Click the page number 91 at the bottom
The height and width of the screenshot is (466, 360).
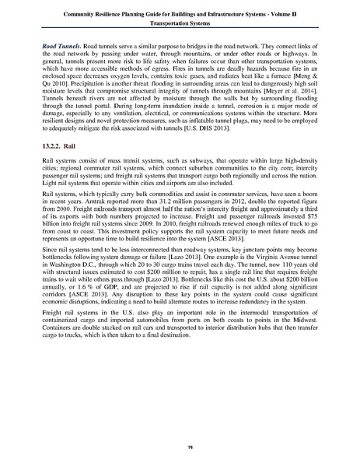[180, 446]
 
